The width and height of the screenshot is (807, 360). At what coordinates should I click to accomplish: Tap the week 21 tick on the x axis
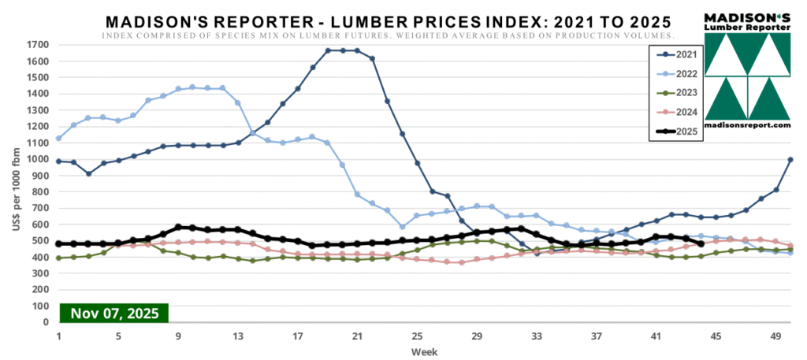(x=357, y=335)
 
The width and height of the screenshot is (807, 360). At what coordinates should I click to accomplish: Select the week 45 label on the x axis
(x=716, y=335)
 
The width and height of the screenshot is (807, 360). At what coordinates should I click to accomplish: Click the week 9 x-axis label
(x=178, y=335)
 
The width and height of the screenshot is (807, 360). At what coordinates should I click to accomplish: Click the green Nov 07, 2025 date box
(x=114, y=313)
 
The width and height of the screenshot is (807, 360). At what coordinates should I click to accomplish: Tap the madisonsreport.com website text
(x=746, y=124)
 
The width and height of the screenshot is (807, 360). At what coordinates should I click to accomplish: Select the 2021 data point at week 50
(x=790, y=160)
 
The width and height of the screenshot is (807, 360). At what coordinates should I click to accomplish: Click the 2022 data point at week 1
(x=59, y=139)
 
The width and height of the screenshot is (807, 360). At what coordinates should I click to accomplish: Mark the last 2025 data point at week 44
(x=701, y=243)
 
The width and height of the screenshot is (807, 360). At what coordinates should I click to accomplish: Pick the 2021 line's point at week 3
(x=89, y=173)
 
